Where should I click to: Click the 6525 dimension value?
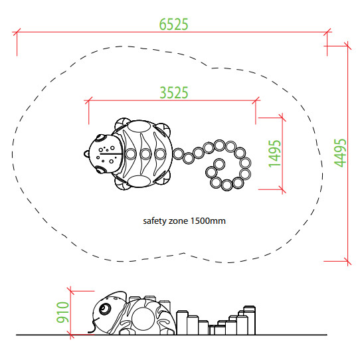(174, 25)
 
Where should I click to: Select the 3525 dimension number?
(174, 93)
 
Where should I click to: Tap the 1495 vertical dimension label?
(274, 153)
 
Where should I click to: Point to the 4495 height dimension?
(340, 153)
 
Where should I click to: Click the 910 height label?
(62, 312)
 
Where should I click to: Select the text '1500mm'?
(208, 221)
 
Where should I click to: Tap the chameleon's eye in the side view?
(105, 308)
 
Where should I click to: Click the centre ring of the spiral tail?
(219, 164)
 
